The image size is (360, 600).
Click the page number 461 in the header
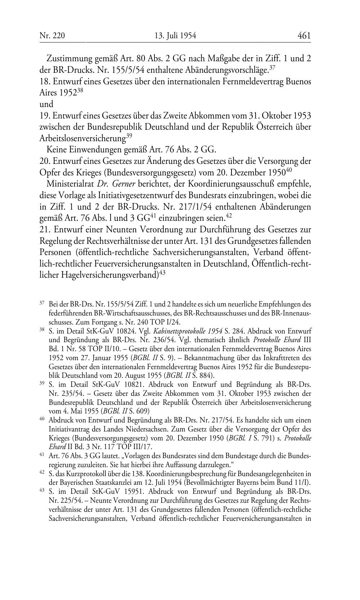pyautogui.click(x=304, y=36)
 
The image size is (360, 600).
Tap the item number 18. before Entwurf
pyautogui.click(x=45, y=81)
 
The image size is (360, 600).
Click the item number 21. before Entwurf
pyautogui.click(x=45, y=229)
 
